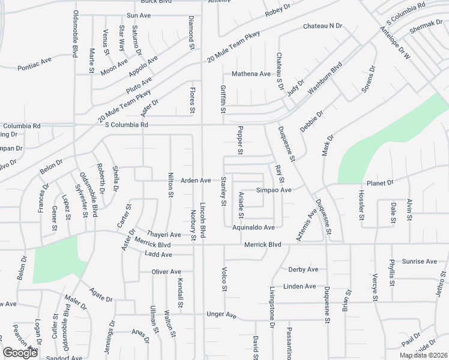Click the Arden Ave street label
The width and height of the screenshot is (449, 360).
tap(196, 180)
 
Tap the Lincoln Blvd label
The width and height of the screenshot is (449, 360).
tap(203, 218)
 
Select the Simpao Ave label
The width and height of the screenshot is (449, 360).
tap(274, 190)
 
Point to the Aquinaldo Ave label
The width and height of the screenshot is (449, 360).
tap(253, 227)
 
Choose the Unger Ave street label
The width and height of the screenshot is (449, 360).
tap(222, 315)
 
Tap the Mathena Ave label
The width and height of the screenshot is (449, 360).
tap(252, 74)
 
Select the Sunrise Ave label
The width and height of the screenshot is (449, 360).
tap(420, 262)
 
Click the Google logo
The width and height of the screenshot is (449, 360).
tap(20, 353)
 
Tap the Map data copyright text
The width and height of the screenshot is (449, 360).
tap(423, 355)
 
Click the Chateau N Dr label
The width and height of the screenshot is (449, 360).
tap(322, 26)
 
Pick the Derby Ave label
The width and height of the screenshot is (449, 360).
tap(303, 269)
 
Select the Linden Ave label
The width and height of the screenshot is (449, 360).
tap(300, 287)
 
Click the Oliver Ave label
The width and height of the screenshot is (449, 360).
tap(166, 272)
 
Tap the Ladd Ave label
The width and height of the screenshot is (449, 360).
tap(158, 254)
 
